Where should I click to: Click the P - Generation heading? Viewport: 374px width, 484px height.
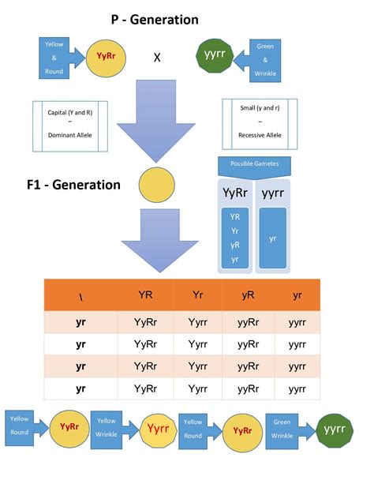pos(155,20)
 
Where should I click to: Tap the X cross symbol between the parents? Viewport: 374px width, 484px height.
pos(157,58)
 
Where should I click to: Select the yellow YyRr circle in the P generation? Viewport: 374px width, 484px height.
pos(106,58)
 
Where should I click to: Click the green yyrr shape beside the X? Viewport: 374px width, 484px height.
pos(215,55)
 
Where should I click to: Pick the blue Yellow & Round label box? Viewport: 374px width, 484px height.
pos(54,58)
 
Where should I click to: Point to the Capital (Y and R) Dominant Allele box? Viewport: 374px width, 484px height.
pos(70,126)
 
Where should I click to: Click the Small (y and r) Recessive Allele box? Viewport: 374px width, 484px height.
pos(260,124)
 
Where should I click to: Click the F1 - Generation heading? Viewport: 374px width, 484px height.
pos(73,185)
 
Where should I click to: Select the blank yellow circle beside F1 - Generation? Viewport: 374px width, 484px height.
pos(157,185)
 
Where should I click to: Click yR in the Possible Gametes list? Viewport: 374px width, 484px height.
pos(235,245)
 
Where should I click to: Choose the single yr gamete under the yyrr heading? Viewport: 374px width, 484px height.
pos(272,239)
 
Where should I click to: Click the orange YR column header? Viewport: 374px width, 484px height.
pos(145,295)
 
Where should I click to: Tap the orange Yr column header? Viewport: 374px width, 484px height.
pos(198,295)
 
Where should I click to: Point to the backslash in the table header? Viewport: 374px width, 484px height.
pos(80,298)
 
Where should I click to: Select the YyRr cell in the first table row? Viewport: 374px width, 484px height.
pos(145,322)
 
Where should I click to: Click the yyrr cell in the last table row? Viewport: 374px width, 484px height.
pos(297,389)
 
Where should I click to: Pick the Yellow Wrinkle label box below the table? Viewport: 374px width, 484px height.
pos(107,430)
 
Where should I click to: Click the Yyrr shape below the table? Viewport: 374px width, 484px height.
pos(159,430)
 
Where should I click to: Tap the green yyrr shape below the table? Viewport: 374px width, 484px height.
pos(335,430)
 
